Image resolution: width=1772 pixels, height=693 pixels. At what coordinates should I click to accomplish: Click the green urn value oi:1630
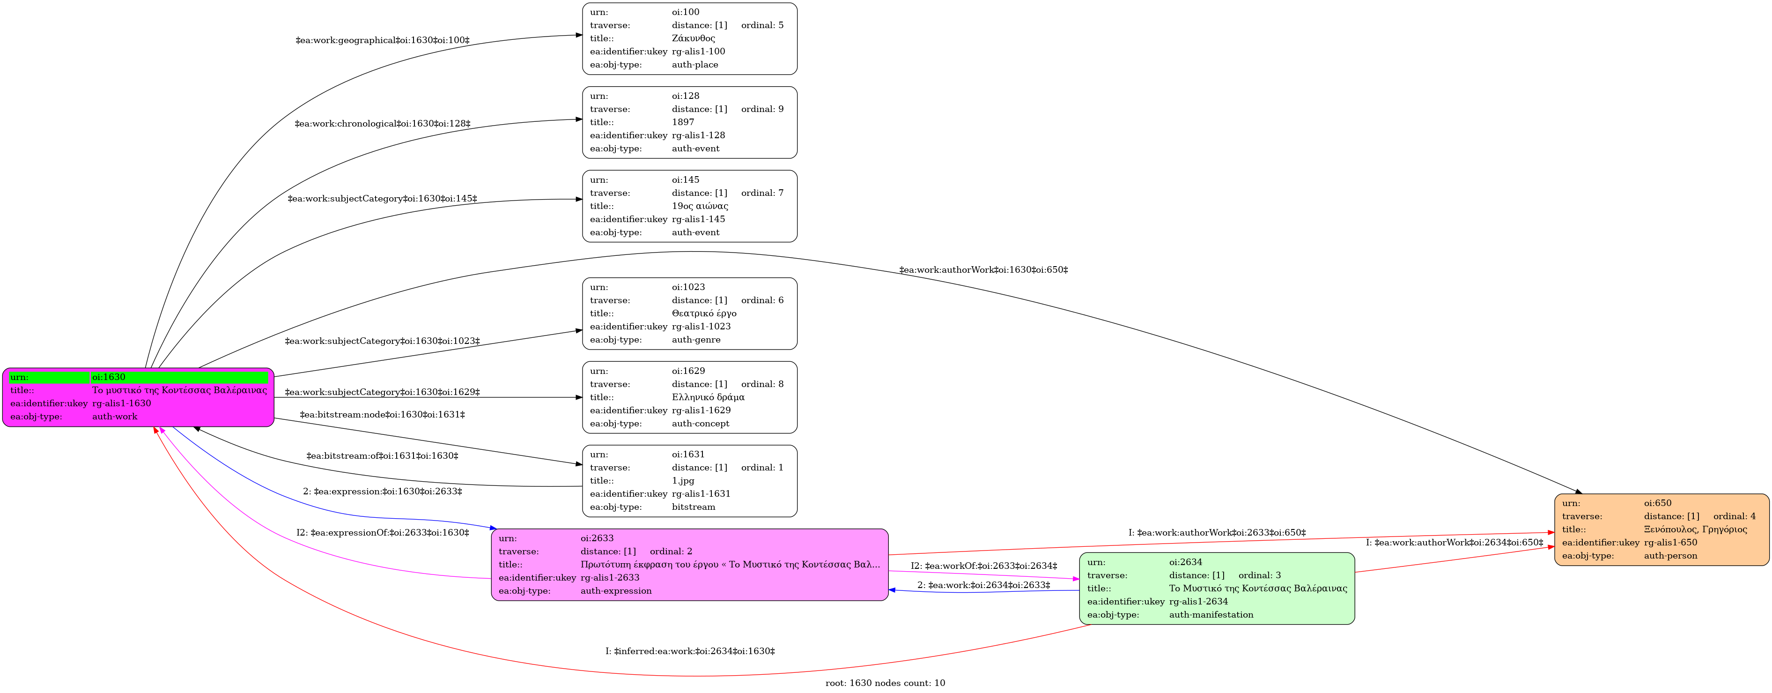pos(109,377)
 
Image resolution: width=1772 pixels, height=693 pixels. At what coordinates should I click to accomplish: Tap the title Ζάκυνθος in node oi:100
pos(694,38)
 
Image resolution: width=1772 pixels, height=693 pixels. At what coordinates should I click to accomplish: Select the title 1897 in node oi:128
pos(683,122)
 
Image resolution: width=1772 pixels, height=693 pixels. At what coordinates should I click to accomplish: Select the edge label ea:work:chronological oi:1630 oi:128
pos(383,124)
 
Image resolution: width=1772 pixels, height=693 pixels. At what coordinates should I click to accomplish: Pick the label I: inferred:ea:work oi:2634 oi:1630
pos(690,651)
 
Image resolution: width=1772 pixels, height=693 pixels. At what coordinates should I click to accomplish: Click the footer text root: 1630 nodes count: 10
pos(886,683)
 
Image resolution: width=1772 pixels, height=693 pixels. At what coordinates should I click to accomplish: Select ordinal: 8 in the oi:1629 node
pos(762,385)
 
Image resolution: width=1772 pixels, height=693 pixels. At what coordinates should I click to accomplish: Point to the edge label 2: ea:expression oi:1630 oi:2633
pos(383,492)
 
